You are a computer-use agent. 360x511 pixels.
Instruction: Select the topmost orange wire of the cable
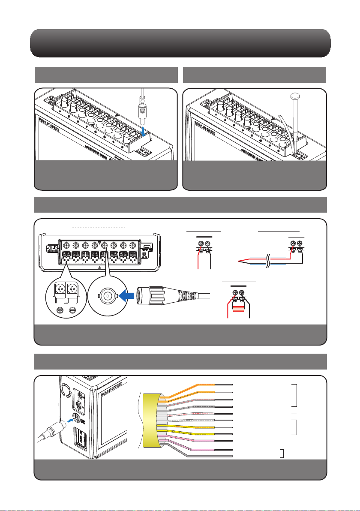pyautogui.click(x=201, y=384)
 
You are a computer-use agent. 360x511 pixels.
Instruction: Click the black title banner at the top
pyautogui.click(x=180, y=43)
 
